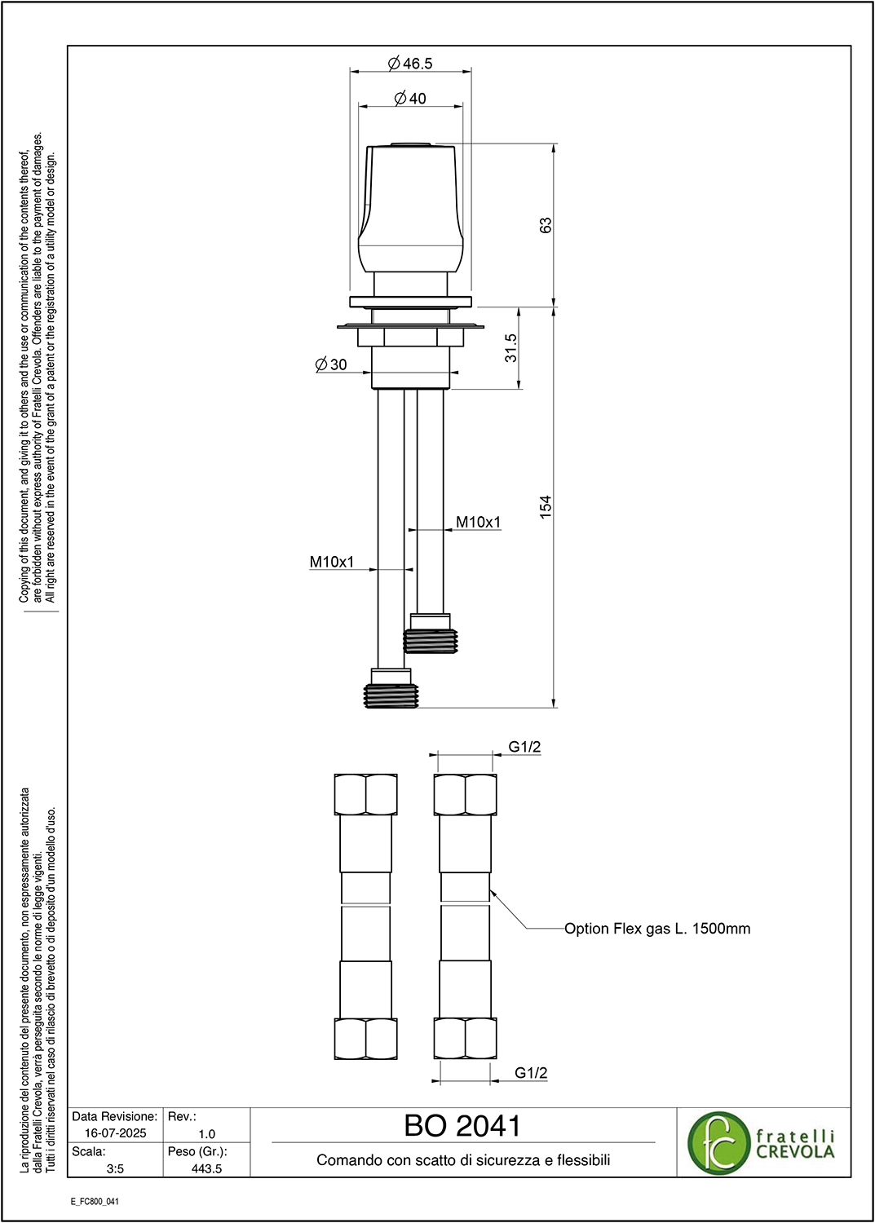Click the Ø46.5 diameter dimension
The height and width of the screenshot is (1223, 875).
click(x=410, y=64)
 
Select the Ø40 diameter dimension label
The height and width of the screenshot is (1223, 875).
click(x=409, y=99)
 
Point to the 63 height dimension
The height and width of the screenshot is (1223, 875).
click(x=546, y=225)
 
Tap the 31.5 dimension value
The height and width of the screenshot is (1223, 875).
click(x=510, y=348)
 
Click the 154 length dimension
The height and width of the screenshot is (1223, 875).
click(x=546, y=506)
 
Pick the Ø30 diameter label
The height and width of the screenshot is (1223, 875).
click(x=331, y=364)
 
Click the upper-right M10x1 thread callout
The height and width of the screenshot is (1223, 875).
click(x=479, y=523)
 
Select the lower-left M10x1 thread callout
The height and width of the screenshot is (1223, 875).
click(x=332, y=562)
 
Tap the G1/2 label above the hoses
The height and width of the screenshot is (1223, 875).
click(x=525, y=747)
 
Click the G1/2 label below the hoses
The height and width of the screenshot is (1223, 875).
click(x=531, y=1073)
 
